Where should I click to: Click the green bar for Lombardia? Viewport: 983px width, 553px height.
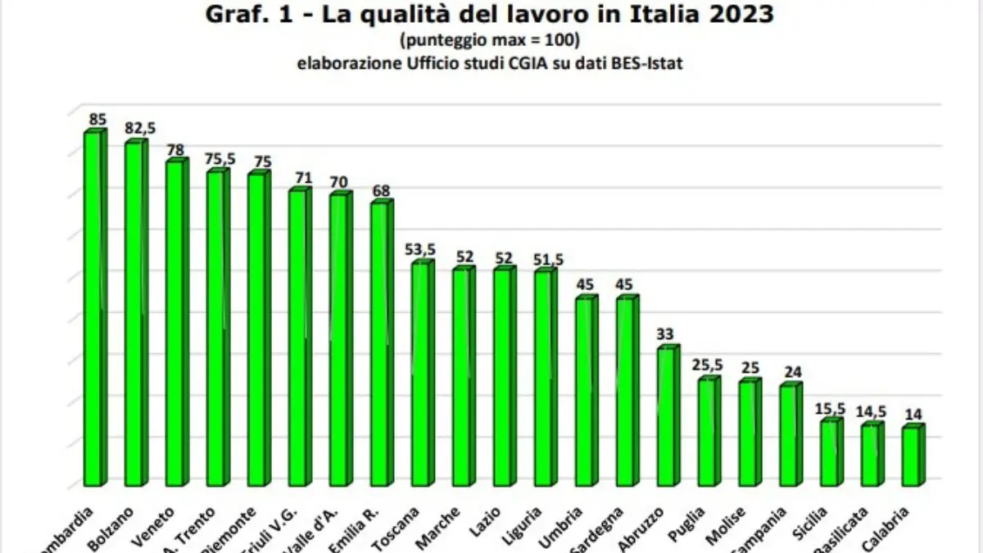click(93, 307)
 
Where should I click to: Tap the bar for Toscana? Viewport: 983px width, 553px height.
click(421, 373)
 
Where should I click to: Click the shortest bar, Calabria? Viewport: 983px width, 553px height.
click(911, 455)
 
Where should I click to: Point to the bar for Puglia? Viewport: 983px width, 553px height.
click(708, 431)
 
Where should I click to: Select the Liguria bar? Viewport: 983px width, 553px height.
click(544, 377)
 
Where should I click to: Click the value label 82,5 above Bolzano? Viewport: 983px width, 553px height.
click(140, 129)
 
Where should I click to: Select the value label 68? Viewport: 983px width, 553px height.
click(381, 190)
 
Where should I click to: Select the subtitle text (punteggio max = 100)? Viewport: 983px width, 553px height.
click(490, 39)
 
